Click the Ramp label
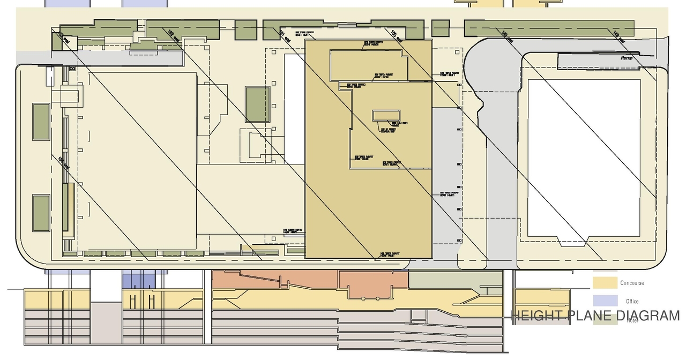[x=626, y=58]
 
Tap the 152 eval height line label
[x=173, y=36]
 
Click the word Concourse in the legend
[x=632, y=283]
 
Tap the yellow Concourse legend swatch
[x=605, y=282]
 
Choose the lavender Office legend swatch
[x=605, y=301]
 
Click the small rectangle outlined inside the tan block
[x=386, y=116]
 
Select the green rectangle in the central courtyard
[x=257, y=104]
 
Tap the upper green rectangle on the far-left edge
[x=41, y=122]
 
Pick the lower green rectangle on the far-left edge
[x=41, y=213]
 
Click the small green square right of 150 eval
[x=441, y=28]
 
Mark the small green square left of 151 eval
[x=246, y=29]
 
